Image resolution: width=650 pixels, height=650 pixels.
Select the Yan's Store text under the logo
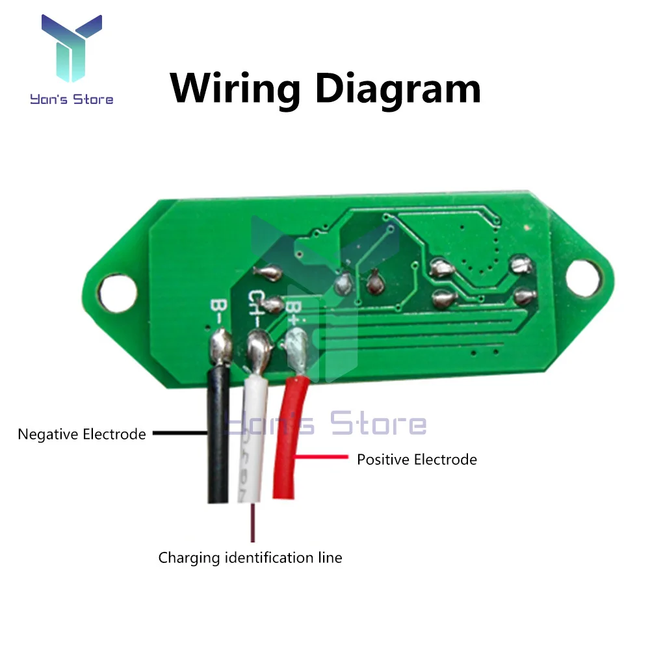coord(71,99)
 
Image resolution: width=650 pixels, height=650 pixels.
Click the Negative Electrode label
coord(82,434)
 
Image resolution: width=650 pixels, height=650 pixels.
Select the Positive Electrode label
coord(417,460)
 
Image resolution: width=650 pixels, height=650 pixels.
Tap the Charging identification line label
coord(250,558)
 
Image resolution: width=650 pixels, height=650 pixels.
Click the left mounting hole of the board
coord(120,289)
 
